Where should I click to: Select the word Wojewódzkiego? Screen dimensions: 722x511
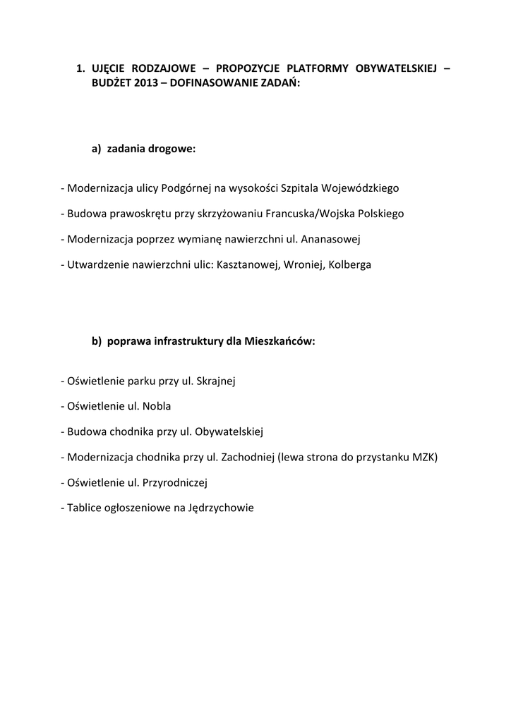tap(360, 189)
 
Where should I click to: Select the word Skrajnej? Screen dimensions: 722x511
tap(214, 381)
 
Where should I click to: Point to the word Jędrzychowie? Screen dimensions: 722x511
tap(221, 508)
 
